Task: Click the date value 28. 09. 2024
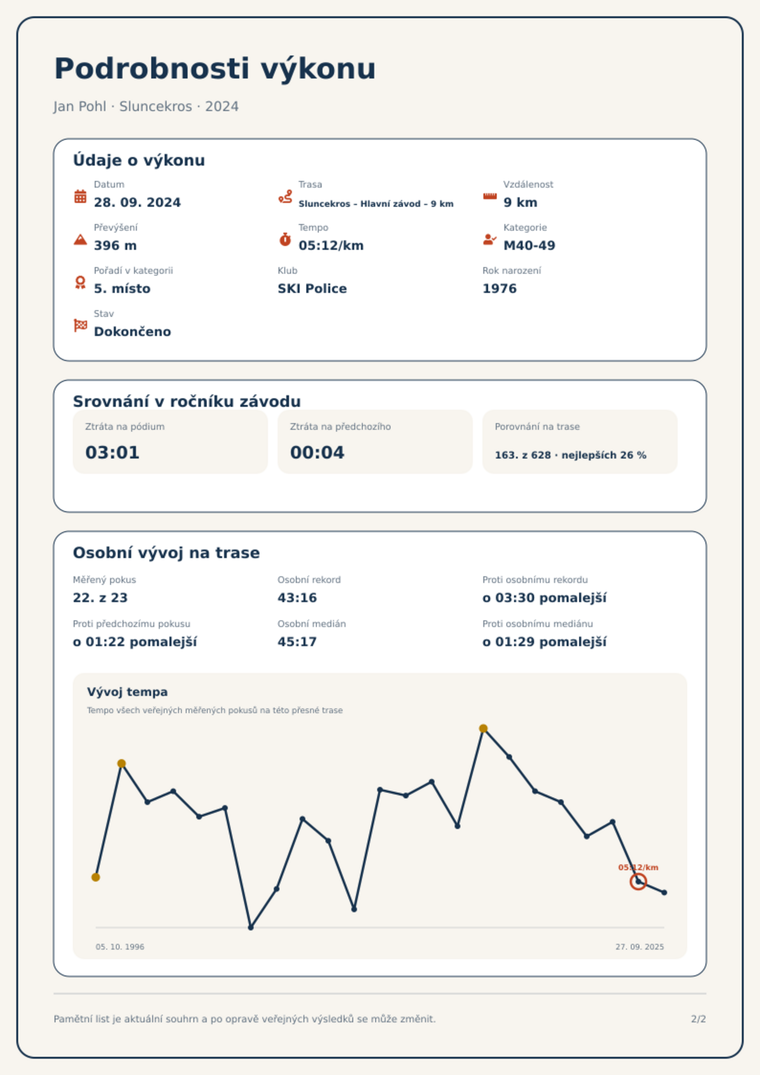click(137, 202)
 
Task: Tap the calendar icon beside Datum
click(80, 196)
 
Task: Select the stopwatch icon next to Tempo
click(285, 239)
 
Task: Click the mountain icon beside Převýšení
click(80, 239)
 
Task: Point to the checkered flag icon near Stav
click(80, 325)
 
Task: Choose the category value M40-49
click(529, 246)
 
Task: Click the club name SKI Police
click(312, 289)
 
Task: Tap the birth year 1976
click(500, 289)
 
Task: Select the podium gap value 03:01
click(112, 452)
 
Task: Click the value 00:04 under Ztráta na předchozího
click(317, 452)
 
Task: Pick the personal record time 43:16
click(297, 598)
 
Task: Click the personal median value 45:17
click(297, 642)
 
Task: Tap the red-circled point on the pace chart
click(638, 882)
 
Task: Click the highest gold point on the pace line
click(483, 728)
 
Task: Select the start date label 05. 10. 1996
click(120, 947)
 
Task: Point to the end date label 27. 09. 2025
click(640, 947)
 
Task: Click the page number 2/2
click(698, 1019)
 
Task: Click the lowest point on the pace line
click(251, 928)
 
